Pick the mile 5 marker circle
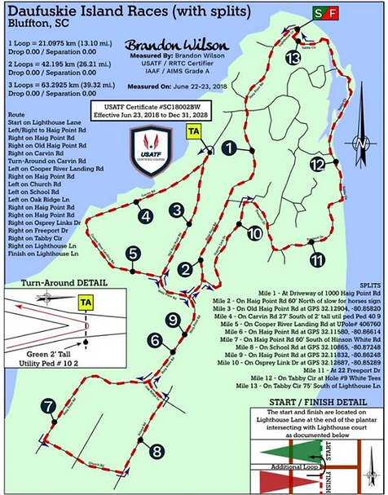132,254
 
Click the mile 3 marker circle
176,210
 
